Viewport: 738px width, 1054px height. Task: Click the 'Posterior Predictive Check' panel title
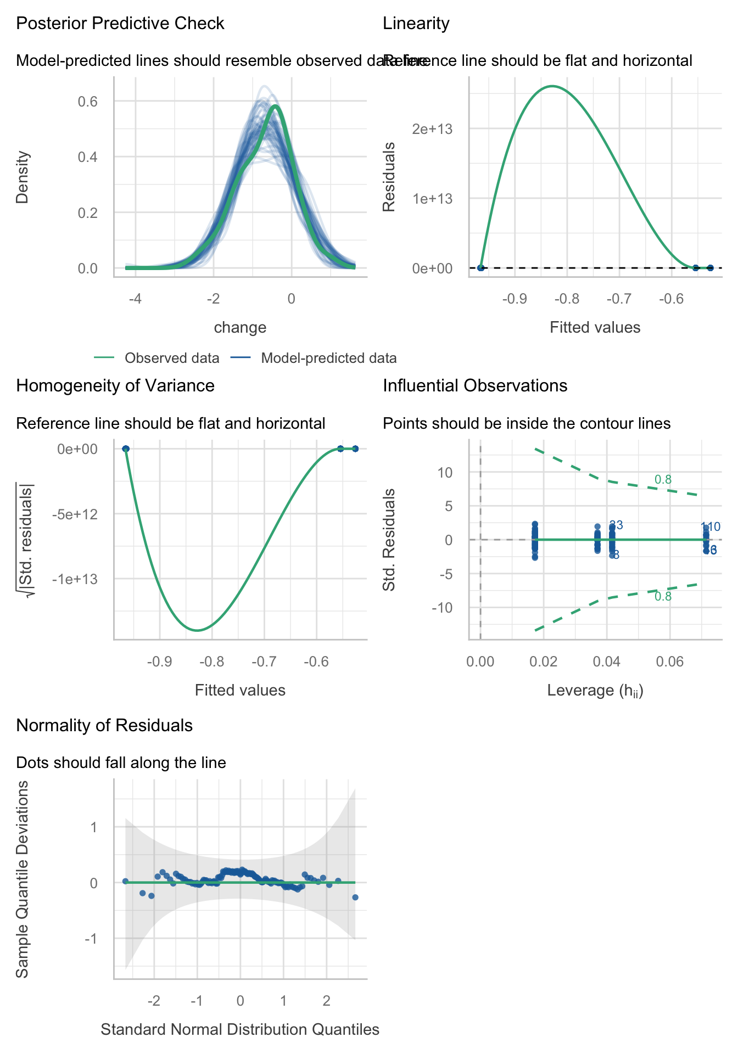(x=120, y=24)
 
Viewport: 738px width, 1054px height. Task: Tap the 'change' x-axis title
(x=240, y=328)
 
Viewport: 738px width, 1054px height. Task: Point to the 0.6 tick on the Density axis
(x=88, y=102)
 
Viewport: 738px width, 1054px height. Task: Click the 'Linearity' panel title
(x=416, y=24)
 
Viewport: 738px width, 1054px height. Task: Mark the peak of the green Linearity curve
(x=552, y=86)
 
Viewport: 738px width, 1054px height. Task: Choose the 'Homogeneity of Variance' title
(x=115, y=385)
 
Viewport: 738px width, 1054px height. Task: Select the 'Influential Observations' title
(x=475, y=385)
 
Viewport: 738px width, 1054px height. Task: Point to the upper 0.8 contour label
(x=663, y=480)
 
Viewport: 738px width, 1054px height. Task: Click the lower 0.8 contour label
(x=663, y=597)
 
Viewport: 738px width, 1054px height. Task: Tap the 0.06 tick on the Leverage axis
(x=670, y=661)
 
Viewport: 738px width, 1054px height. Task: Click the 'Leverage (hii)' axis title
(x=595, y=691)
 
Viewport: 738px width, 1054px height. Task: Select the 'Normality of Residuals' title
(x=104, y=726)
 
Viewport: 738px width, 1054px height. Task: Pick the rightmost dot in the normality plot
(x=355, y=897)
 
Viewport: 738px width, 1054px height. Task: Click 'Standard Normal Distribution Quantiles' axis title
(x=240, y=1029)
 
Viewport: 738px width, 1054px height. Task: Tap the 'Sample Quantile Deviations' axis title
(x=22, y=878)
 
